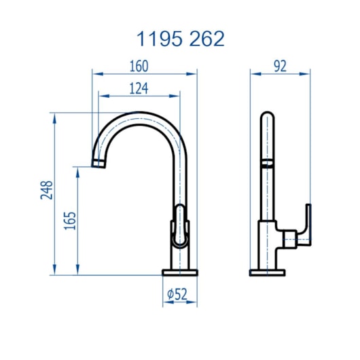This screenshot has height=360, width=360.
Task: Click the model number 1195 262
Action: (180, 39)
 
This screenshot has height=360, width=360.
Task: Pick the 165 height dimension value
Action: (70, 221)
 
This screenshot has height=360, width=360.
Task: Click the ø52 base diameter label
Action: (178, 294)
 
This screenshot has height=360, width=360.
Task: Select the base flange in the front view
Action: (179, 272)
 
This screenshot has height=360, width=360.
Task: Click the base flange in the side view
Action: (269, 272)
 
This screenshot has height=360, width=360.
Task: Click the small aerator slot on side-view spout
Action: (269, 164)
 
